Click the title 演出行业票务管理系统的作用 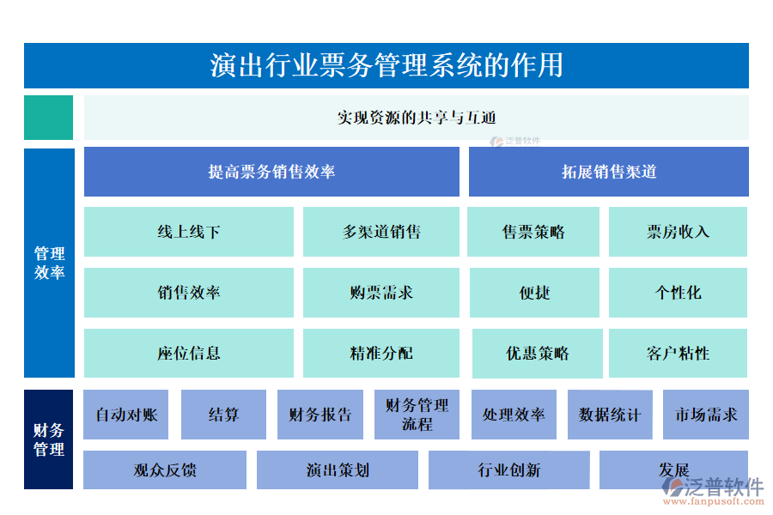point(386,66)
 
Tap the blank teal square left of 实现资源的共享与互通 point(48,118)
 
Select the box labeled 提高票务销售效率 point(271,172)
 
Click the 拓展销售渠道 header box point(608,172)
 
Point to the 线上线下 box point(189,232)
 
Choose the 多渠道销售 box point(381,232)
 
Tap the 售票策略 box point(533,232)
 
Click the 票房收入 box point(678,232)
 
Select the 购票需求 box point(381,293)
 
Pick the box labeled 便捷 point(533,293)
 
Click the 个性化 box point(678,293)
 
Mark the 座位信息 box point(189,353)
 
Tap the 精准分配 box point(381,353)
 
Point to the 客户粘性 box point(678,353)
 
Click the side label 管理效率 point(49,264)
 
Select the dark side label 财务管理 point(49,439)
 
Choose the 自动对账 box point(126,415)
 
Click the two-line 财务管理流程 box point(417,415)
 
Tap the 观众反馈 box point(165,470)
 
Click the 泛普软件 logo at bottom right point(713,490)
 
